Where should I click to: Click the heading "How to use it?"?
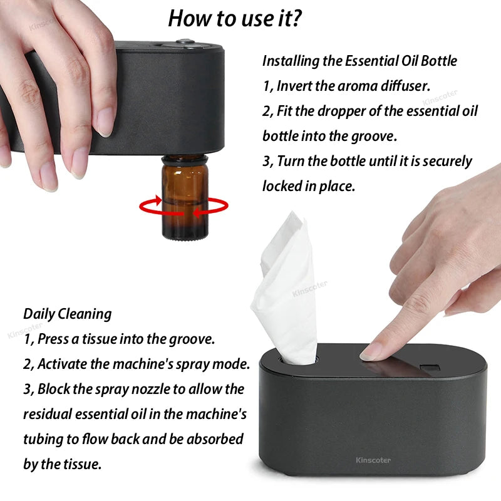tap(235, 19)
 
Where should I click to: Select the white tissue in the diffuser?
tap(282, 288)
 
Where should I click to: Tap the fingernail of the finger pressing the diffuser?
tap(372, 352)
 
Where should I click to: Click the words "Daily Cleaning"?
tap(68, 314)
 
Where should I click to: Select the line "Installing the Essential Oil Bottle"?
tap(359, 61)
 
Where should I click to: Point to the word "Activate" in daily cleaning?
tap(65, 364)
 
